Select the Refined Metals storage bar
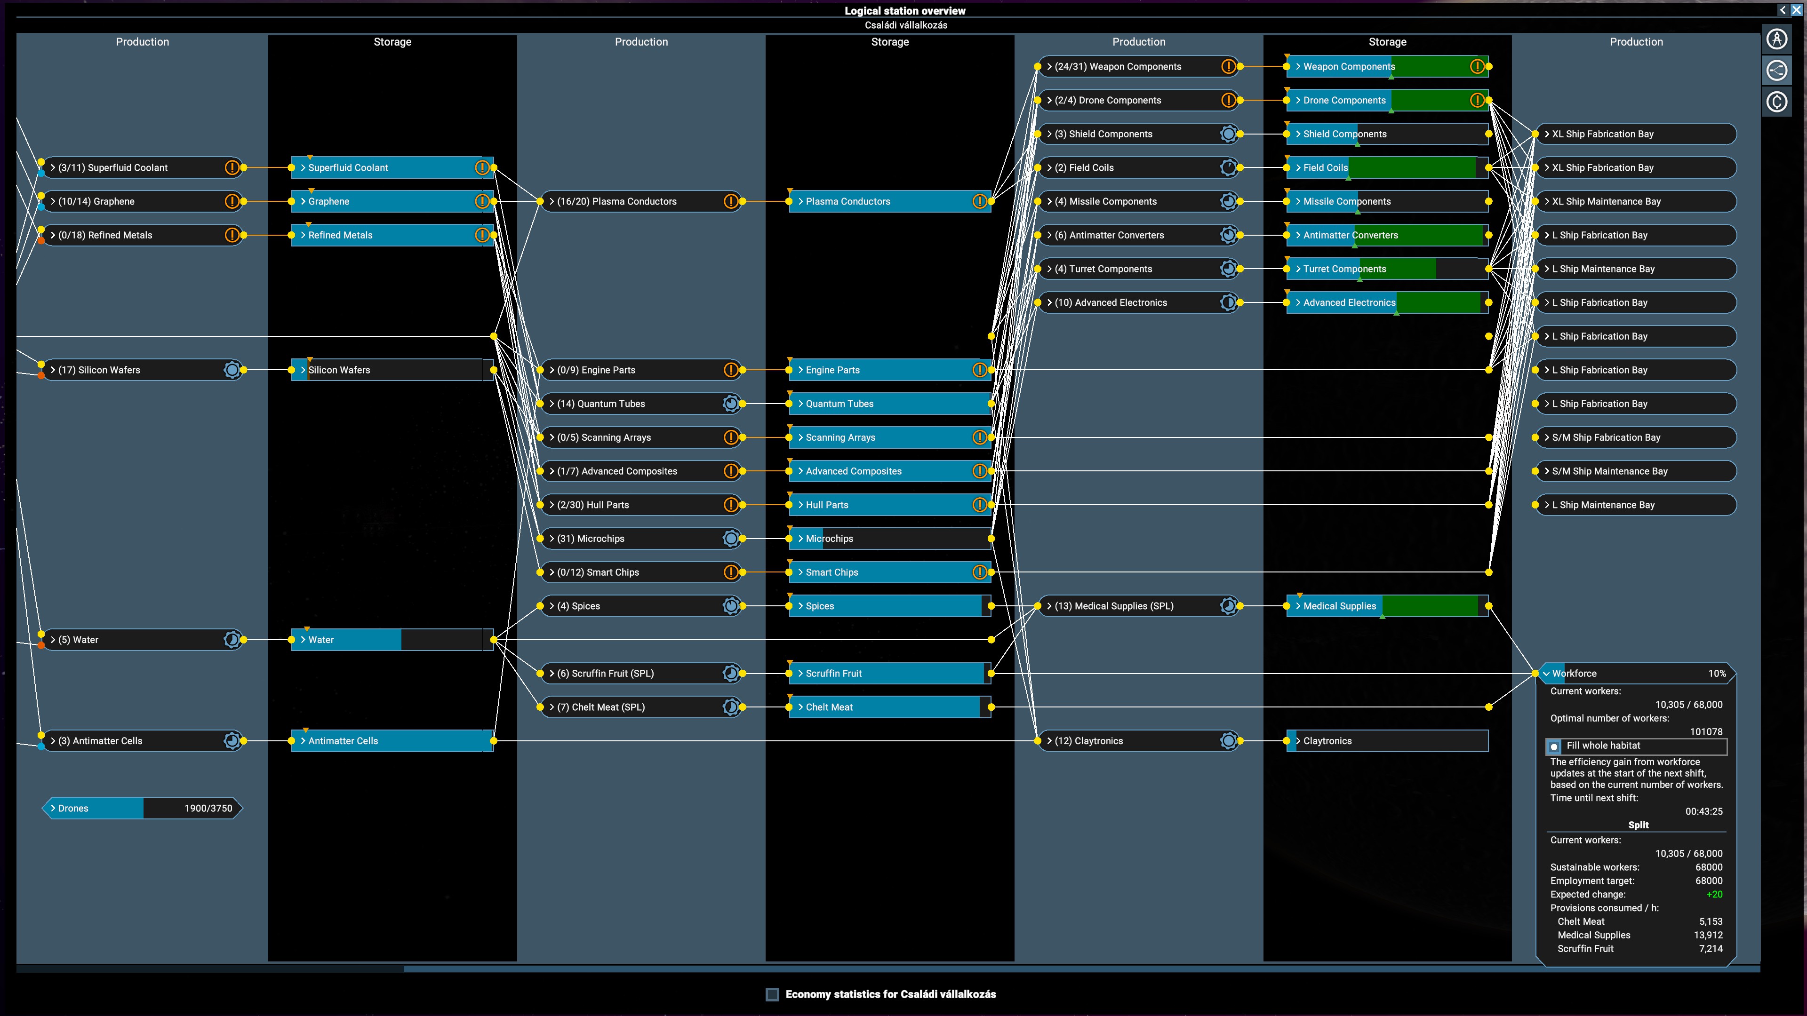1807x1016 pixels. (x=392, y=235)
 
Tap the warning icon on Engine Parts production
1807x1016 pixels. (x=730, y=370)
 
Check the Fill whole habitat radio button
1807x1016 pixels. (x=1554, y=746)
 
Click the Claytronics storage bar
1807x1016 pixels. (x=1387, y=740)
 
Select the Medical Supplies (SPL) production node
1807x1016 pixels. (x=1138, y=606)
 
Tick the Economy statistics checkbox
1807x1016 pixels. (x=772, y=994)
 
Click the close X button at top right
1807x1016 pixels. (x=1796, y=10)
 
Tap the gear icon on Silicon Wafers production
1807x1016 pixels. (x=232, y=370)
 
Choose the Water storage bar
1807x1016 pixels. (x=392, y=640)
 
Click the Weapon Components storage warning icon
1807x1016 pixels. (x=1477, y=67)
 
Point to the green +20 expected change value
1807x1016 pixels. (x=1714, y=894)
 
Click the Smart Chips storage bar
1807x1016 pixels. (x=889, y=572)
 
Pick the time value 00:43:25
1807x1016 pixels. (x=1704, y=811)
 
